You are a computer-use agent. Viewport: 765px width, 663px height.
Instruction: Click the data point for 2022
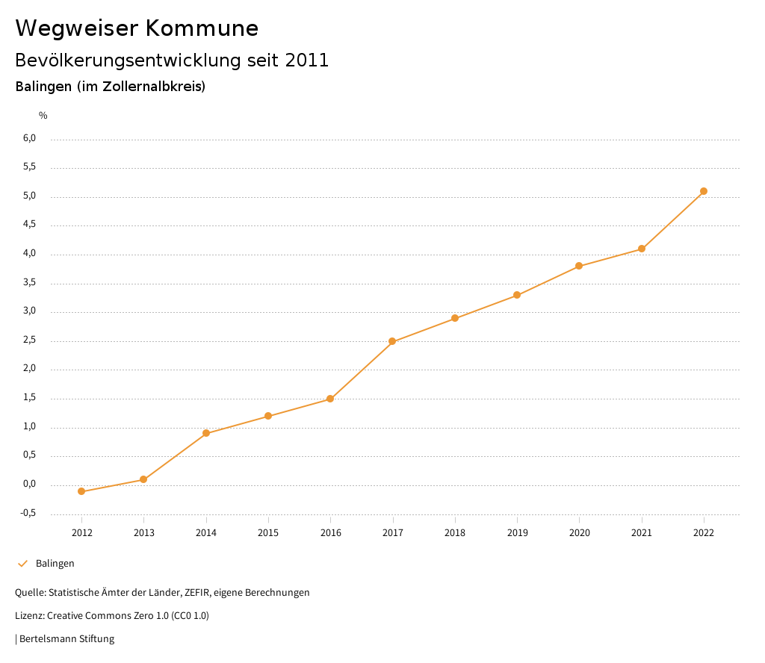(x=704, y=191)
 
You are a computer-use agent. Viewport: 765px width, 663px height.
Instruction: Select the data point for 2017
(x=392, y=341)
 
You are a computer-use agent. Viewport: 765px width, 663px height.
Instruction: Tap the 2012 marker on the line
(x=81, y=491)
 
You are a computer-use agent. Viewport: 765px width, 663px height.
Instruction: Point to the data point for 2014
(x=206, y=433)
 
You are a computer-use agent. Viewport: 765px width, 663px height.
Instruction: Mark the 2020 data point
(x=579, y=266)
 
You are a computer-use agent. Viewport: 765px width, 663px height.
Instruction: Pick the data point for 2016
(x=330, y=399)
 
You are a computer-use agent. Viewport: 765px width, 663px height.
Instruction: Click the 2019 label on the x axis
(x=517, y=532)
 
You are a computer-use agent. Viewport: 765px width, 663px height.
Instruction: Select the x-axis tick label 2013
(x=143, y=532)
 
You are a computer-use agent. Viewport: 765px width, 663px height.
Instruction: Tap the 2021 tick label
(x=641, y=532)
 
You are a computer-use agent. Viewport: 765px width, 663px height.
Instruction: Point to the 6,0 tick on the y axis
(x=29, y=138)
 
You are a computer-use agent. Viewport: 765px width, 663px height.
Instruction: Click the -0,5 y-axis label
(x=28, y=513)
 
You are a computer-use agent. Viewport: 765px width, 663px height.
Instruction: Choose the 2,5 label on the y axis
(x=29, y=340)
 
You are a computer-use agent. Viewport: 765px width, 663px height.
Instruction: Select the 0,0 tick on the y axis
(x=29, y=484)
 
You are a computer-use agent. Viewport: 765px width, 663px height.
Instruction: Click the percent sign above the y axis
(x=43, y=115)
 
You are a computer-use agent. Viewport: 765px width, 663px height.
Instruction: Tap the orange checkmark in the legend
(x=22, y=564)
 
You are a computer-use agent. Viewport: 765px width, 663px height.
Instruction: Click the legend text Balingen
(x=55, y=564)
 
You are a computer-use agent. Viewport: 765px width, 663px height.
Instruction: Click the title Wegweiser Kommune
(x=137, y=28)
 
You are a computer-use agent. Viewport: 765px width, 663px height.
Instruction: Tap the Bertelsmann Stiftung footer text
(x=66, y=639)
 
